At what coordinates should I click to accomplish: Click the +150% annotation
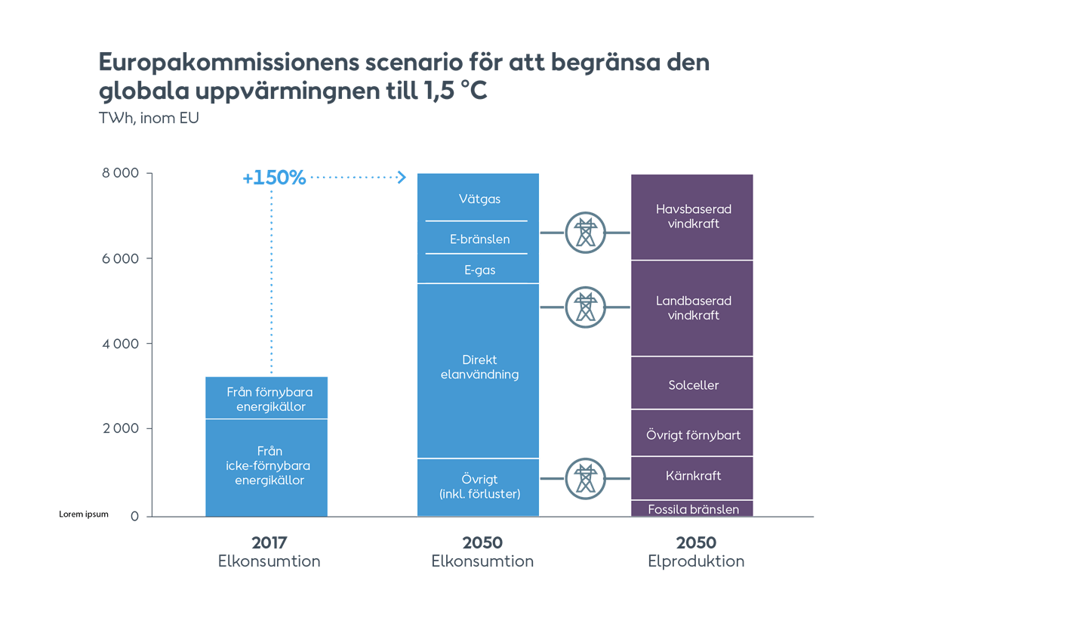tap(274, 178)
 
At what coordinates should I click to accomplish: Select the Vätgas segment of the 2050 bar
tap(479, 199)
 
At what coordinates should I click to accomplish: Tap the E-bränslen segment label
tap(479, 239)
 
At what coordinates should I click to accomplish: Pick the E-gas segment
tap(479, 270)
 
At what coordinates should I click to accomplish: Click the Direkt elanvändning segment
tap(479, 367)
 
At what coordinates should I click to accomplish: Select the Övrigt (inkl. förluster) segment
tap(479, 486)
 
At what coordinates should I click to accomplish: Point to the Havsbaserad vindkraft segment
tap(693, 217)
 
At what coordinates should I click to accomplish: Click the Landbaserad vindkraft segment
tap(693, 308)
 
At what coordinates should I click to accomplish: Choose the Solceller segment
tap(693, 385)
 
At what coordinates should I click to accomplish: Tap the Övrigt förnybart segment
tap(693, 435)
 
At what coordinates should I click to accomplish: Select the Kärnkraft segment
tap(693, 476)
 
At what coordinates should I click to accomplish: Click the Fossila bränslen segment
tap(693, 509)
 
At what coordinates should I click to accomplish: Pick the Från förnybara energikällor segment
tap(269, 399)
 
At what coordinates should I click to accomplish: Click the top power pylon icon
tap(584, 233)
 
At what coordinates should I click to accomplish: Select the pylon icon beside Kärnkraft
tap(584, 478)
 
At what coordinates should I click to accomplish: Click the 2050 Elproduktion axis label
tap(695, 552)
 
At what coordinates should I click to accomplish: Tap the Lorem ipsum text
tap(84, 514)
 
